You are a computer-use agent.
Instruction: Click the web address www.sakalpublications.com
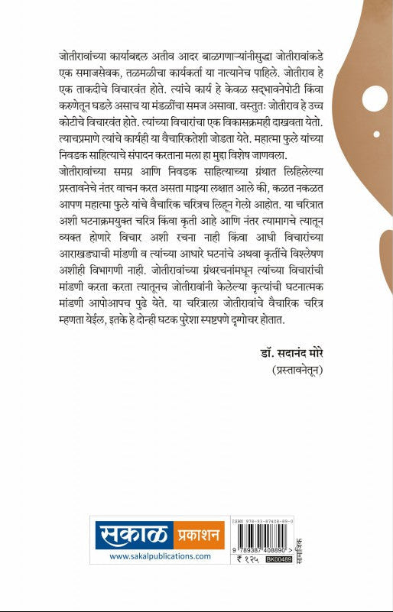coord(159,556)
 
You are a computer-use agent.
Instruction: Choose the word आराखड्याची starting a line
coord(85,273)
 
